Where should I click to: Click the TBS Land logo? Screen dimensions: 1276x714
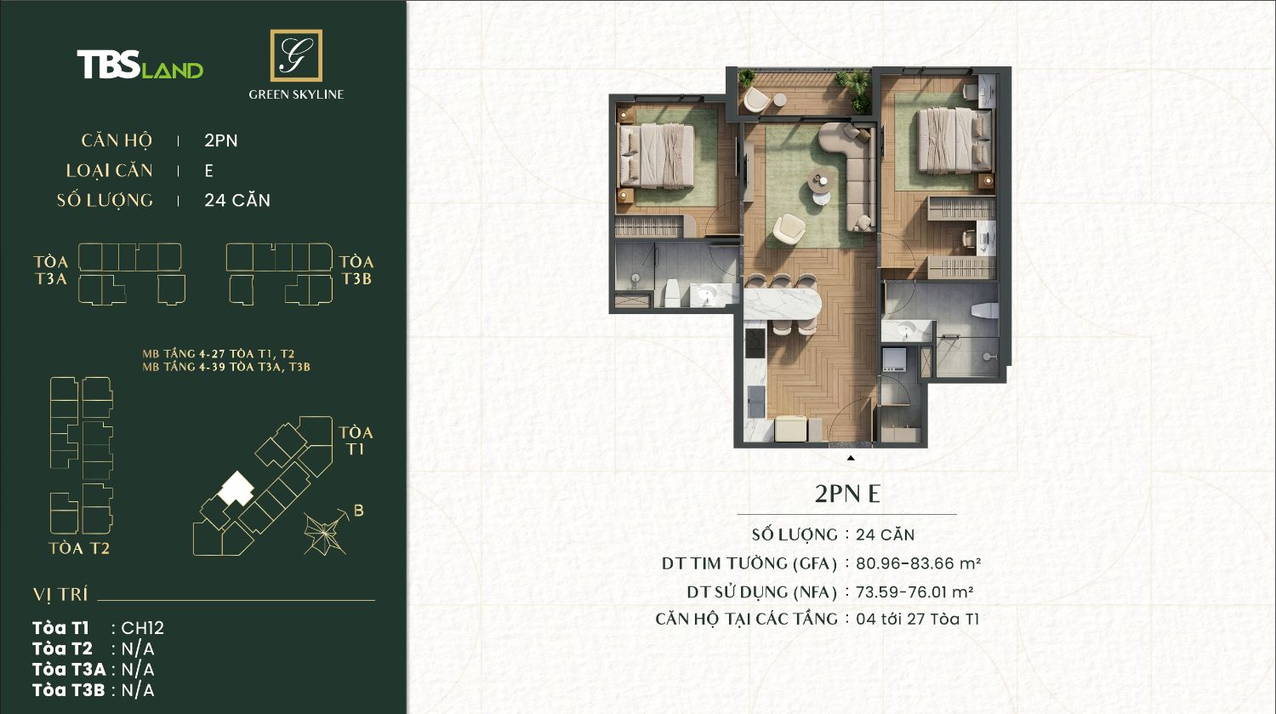(140, 65)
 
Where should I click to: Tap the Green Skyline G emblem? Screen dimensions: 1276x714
(296, 55)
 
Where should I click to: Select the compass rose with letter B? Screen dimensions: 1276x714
(330, 530)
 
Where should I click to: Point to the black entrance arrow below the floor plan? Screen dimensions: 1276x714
(851, 458)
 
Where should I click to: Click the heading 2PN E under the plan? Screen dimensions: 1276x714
(847, 494)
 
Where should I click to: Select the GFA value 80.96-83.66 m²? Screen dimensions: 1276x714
(918, 563)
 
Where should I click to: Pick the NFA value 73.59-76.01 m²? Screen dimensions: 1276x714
(914, 592)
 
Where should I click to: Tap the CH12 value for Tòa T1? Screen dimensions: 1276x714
(142, 628)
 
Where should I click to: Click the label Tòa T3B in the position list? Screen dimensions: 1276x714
(69, 690)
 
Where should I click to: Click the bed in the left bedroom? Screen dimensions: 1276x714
(656, 156)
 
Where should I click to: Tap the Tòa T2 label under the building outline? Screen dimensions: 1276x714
(79, 548)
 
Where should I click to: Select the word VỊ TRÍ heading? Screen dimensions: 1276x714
(60, 595)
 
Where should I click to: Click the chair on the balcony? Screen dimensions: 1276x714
(756, 100)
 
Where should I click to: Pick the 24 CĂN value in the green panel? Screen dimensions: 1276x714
(237, 201)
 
